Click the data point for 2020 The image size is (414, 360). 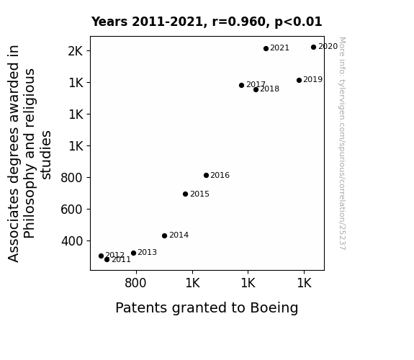313,48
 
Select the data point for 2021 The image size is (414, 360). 266,48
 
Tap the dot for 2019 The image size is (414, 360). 299,81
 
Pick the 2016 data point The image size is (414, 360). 206,176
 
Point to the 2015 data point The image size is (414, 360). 185,194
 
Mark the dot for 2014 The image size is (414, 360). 164,235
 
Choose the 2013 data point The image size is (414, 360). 134,253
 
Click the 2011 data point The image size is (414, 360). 107,260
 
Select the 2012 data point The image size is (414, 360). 101,256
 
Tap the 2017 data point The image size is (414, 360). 241,85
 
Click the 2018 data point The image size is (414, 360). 256,90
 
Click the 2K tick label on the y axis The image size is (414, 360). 76,51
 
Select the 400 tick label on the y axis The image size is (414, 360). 72,241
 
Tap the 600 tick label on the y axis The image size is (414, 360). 72,210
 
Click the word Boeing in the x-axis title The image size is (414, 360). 274,308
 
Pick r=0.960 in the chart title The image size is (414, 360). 239,22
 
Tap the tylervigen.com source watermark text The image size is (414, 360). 342,143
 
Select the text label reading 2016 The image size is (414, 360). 220,175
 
